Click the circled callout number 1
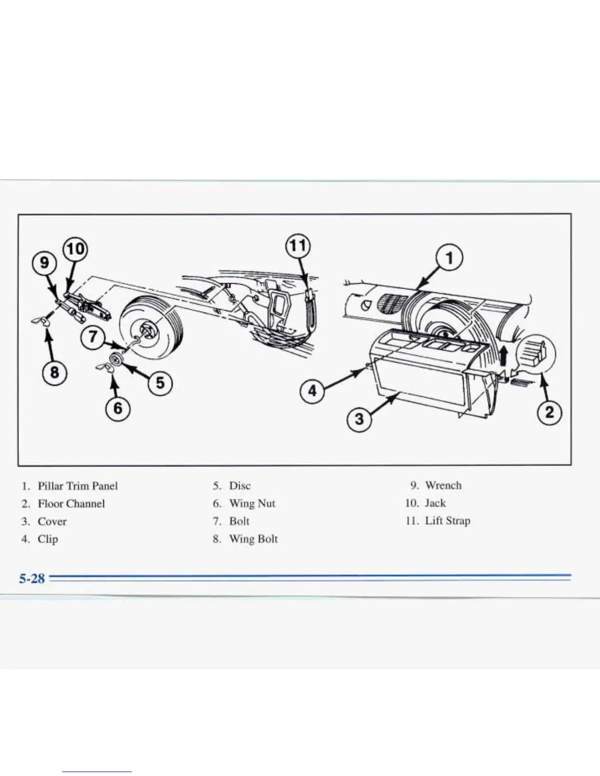click(450, 258)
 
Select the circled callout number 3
click(359, 419)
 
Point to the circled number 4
click(312, 391)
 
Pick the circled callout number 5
click(160, 383)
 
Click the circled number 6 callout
click(118, 408)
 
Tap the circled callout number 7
click(93, 338)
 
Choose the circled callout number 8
click(54, 372)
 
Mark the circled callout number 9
click(45, 263)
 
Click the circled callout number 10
click(75, 249)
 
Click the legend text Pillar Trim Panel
click(77, 486)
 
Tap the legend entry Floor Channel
click(71, 504)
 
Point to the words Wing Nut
click(252, 504)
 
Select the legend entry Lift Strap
click(448, 521)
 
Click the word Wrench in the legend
click(443, 485)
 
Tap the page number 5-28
click(32, 579)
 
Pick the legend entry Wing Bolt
click(253, 539)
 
